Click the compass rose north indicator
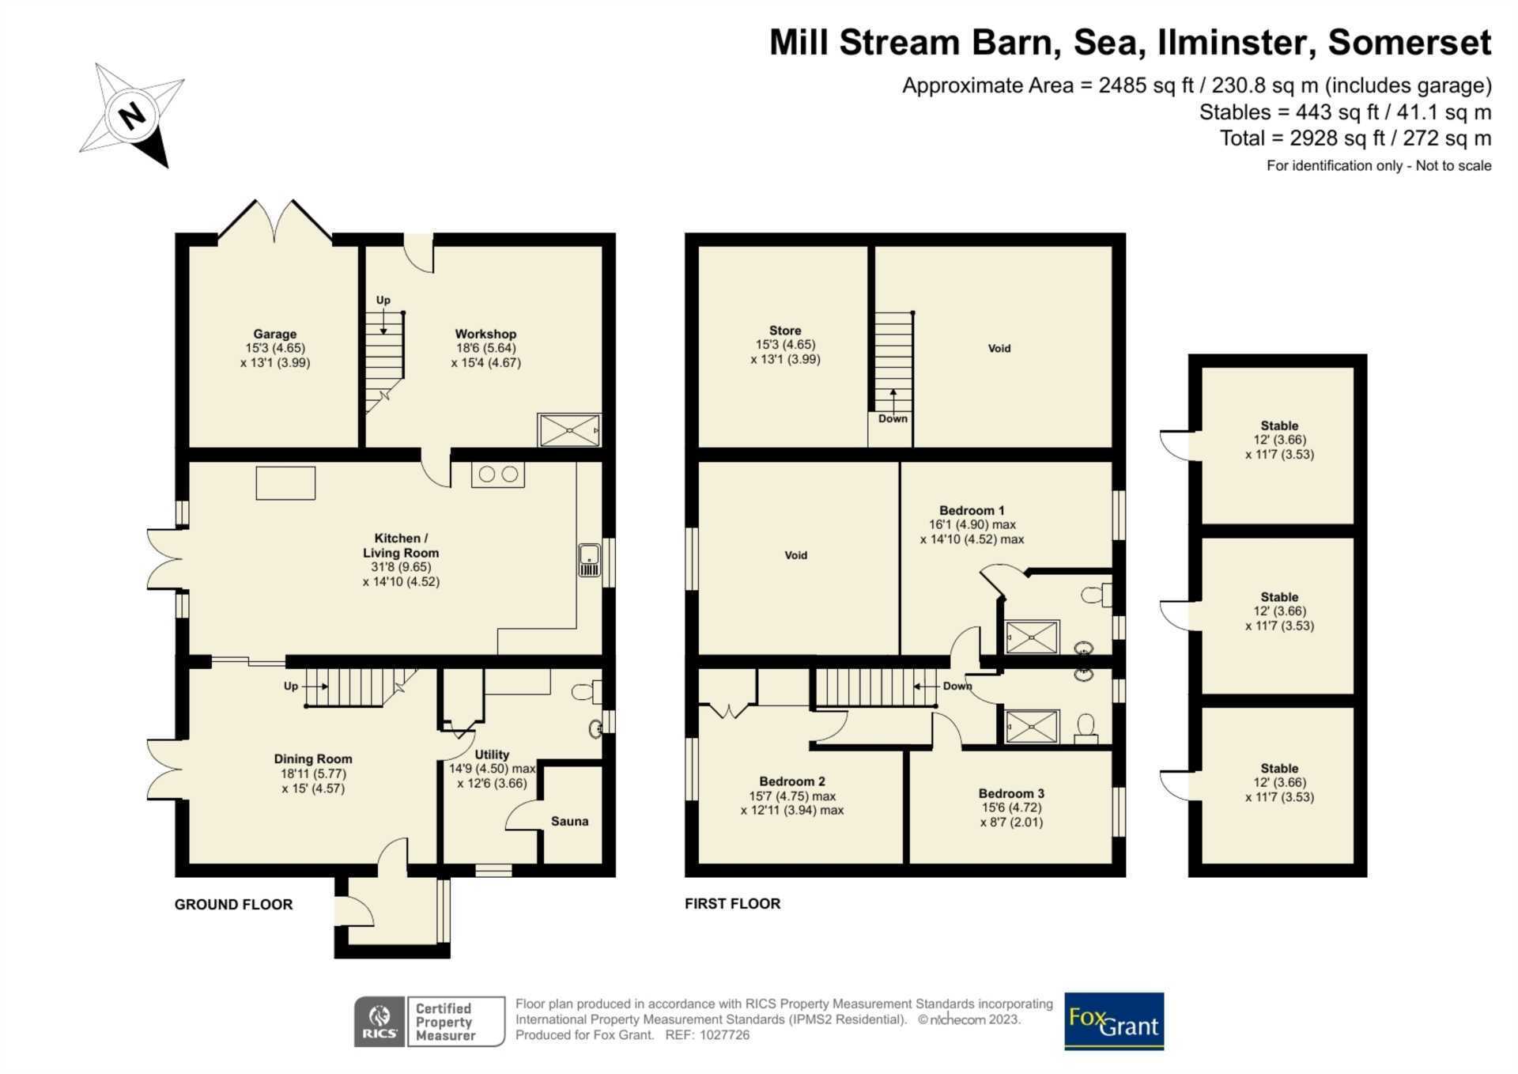(x=132, y=115)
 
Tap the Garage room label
(x=275, y=335)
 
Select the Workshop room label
(x=485, y=335)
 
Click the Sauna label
(x=569, y=822)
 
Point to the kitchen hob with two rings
(x=498, y=475)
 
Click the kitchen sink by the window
(x=589, y=560)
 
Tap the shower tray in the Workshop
(x=569, y=430)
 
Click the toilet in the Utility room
(x=586, y=693)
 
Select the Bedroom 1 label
(x=972, y=511)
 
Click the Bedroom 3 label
(x=1011, y=794)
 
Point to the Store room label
(x=785, y=331)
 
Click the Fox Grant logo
(x=1114, y=1021)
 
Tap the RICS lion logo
(x=379, y=1022)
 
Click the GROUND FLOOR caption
(x=233, y=905)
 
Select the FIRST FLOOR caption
(x=732, y=904)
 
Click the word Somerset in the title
(x=1410, y=43)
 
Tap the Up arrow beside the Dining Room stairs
(x=314, y=686)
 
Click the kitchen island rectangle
(x=285, y=483)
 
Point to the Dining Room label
(x=313, y=759)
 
